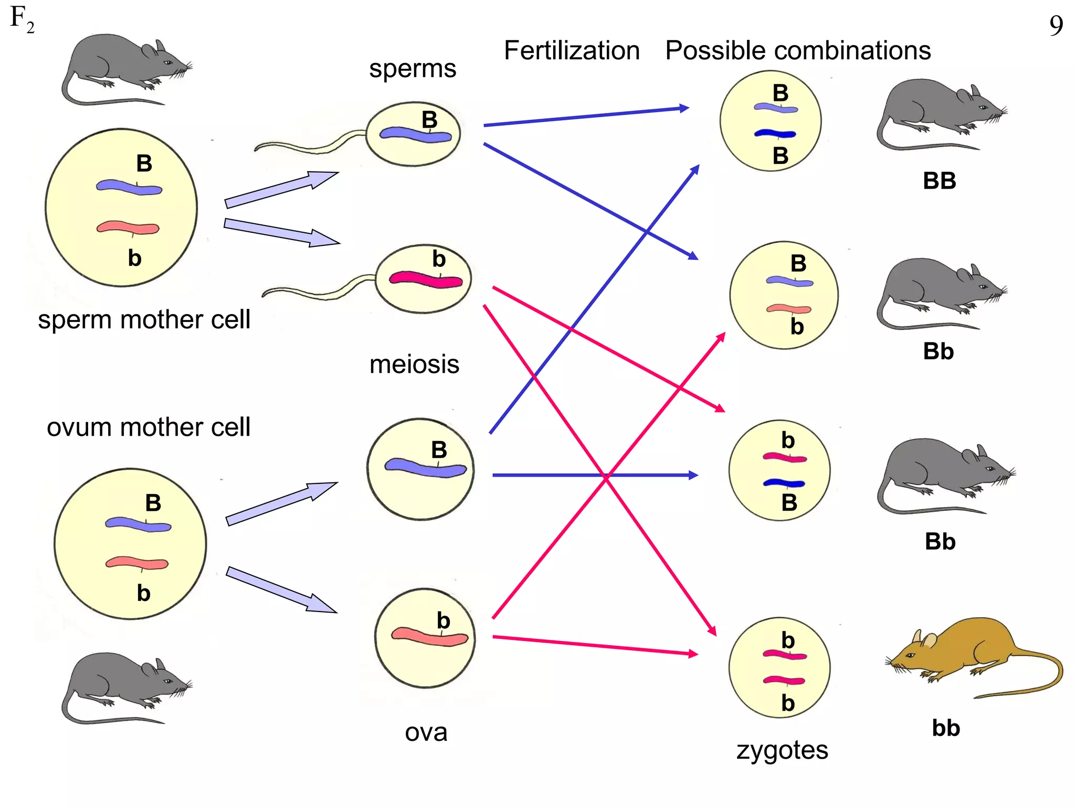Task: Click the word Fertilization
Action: [x=572, y=51]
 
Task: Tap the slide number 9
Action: [x=1056, y=26]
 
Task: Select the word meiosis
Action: [x=414, y=364]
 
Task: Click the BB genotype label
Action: [x=939, y=181]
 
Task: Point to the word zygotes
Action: [x=782, y=750]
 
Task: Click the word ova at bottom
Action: [x=426, y=732]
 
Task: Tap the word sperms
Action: [x=413, y=69]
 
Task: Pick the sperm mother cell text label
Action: [x=144, y=319]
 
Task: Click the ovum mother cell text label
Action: [x=149, y=427]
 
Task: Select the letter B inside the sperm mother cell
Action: [x=144, y=163]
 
